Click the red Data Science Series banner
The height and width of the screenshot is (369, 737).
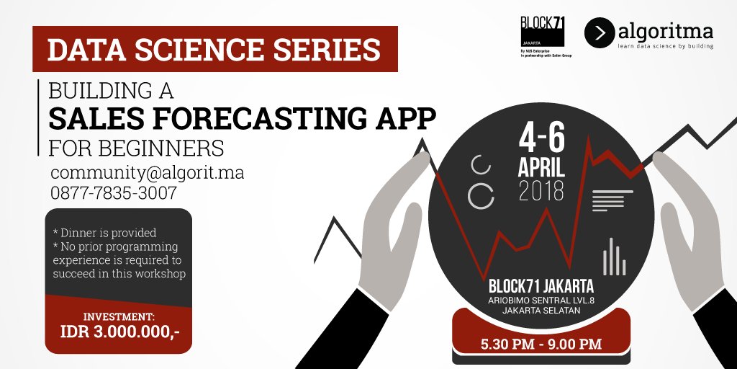[x=214, y=50]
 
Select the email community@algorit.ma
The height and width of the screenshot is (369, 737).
[x=148, y=174]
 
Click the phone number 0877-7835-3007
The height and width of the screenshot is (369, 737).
[x=114, y=193]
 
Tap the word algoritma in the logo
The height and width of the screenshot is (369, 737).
[x=666, y=31]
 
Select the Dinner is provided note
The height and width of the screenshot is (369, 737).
[x=104, y=233]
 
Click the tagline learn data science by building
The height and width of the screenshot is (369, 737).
[x=666, y=45]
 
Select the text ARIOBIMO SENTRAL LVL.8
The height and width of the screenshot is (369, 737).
[x=541, y=300]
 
